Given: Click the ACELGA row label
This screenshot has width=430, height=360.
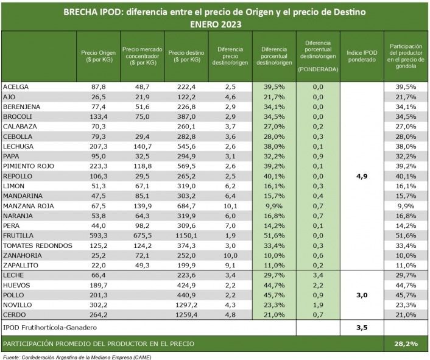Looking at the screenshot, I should [16, 86].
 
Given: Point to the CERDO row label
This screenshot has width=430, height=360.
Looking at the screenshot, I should [16, 314].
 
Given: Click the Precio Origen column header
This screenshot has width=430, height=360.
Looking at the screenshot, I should [98, 56].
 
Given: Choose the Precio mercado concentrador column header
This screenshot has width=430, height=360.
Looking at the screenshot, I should [141, 56].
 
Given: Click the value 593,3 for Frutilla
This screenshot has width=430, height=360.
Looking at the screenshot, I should [98, 235].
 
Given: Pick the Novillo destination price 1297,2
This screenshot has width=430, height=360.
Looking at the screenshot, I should [185, 305].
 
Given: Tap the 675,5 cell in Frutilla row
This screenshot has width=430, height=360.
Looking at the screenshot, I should [141, 235].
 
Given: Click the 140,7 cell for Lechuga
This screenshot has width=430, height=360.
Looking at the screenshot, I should [141, 146].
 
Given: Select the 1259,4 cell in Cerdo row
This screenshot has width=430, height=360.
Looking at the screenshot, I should [185, 314].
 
